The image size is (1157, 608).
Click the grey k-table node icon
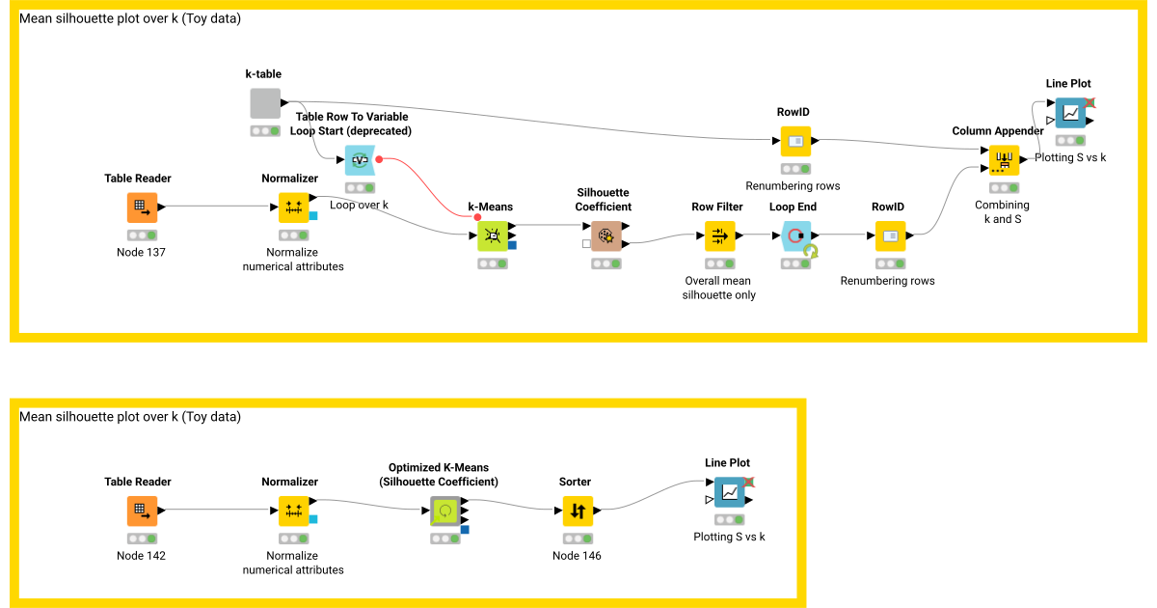265,103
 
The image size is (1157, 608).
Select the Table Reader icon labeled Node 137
142,207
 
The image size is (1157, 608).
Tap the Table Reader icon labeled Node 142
142,511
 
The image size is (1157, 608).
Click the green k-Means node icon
493,235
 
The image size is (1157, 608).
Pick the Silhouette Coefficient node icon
606,235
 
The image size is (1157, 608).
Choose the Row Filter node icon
719,235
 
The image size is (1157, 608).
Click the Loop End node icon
795,235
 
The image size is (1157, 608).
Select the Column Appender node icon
1003,160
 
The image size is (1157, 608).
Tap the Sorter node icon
578,511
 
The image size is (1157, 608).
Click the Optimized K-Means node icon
445,511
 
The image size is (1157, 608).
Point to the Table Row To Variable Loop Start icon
361,160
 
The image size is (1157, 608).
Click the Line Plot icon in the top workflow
1069,113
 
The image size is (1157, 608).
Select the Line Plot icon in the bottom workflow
730,492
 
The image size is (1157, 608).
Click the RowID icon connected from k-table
795,141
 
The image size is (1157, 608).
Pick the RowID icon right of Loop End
890,235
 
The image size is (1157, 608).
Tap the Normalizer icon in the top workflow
293,207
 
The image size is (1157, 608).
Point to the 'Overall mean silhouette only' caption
719,288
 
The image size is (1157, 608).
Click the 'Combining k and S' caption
1003,211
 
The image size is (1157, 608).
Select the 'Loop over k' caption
359,205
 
